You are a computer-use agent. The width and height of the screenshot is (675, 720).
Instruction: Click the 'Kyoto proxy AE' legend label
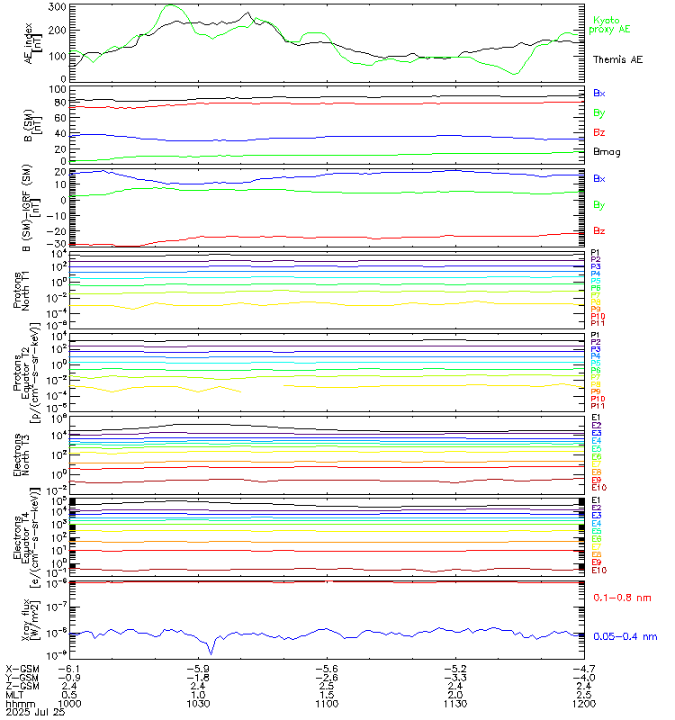point(611,25)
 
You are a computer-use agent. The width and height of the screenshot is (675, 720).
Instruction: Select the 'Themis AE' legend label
point(617,59)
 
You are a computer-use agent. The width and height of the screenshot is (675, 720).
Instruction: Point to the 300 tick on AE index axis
point(56,6)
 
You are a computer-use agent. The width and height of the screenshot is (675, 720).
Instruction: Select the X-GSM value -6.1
point(70,669)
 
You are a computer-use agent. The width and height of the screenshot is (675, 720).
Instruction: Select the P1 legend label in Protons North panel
point(596,253)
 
